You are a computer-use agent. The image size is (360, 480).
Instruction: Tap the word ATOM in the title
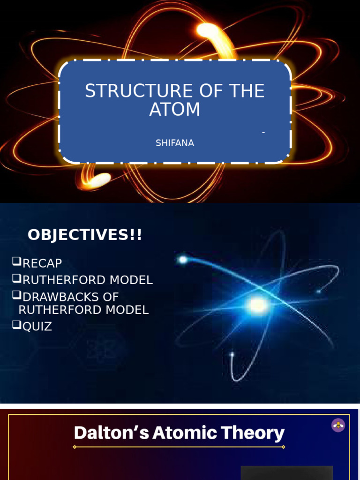pyautogui.click(x=174, y=109)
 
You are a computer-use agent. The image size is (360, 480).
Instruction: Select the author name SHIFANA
pyautogui.click(x=174, y=143)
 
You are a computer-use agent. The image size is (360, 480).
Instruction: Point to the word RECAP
pyautogui.click(x=42, y=263)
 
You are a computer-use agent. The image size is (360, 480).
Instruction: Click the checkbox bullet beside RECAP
pyautogui.click(x=17, y=262)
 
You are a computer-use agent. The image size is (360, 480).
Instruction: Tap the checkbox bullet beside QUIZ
pyautogui.click(x=17, y=325)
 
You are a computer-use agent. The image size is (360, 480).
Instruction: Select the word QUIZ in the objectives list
pyautogui.click(x=37, y=326)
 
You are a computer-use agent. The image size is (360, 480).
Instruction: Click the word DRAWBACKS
pyautogui.click(x=56, y=297)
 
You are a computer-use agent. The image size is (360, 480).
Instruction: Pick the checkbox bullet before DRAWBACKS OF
pyautogui.click(x=17, y=295)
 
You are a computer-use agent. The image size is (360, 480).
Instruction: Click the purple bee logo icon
pyautogui.click(x=338, y=425)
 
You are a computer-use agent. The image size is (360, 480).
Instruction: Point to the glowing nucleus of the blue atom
pyautogui.click(x=257, y=306)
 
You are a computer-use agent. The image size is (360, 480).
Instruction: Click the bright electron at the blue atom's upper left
pyautogui.click(x=182, y=259)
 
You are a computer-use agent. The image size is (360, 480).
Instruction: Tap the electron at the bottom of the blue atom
pyautogui.click(x=232, y=354)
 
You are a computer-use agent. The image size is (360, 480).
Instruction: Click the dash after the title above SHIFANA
pyautogui.click(x=263, y=133)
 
